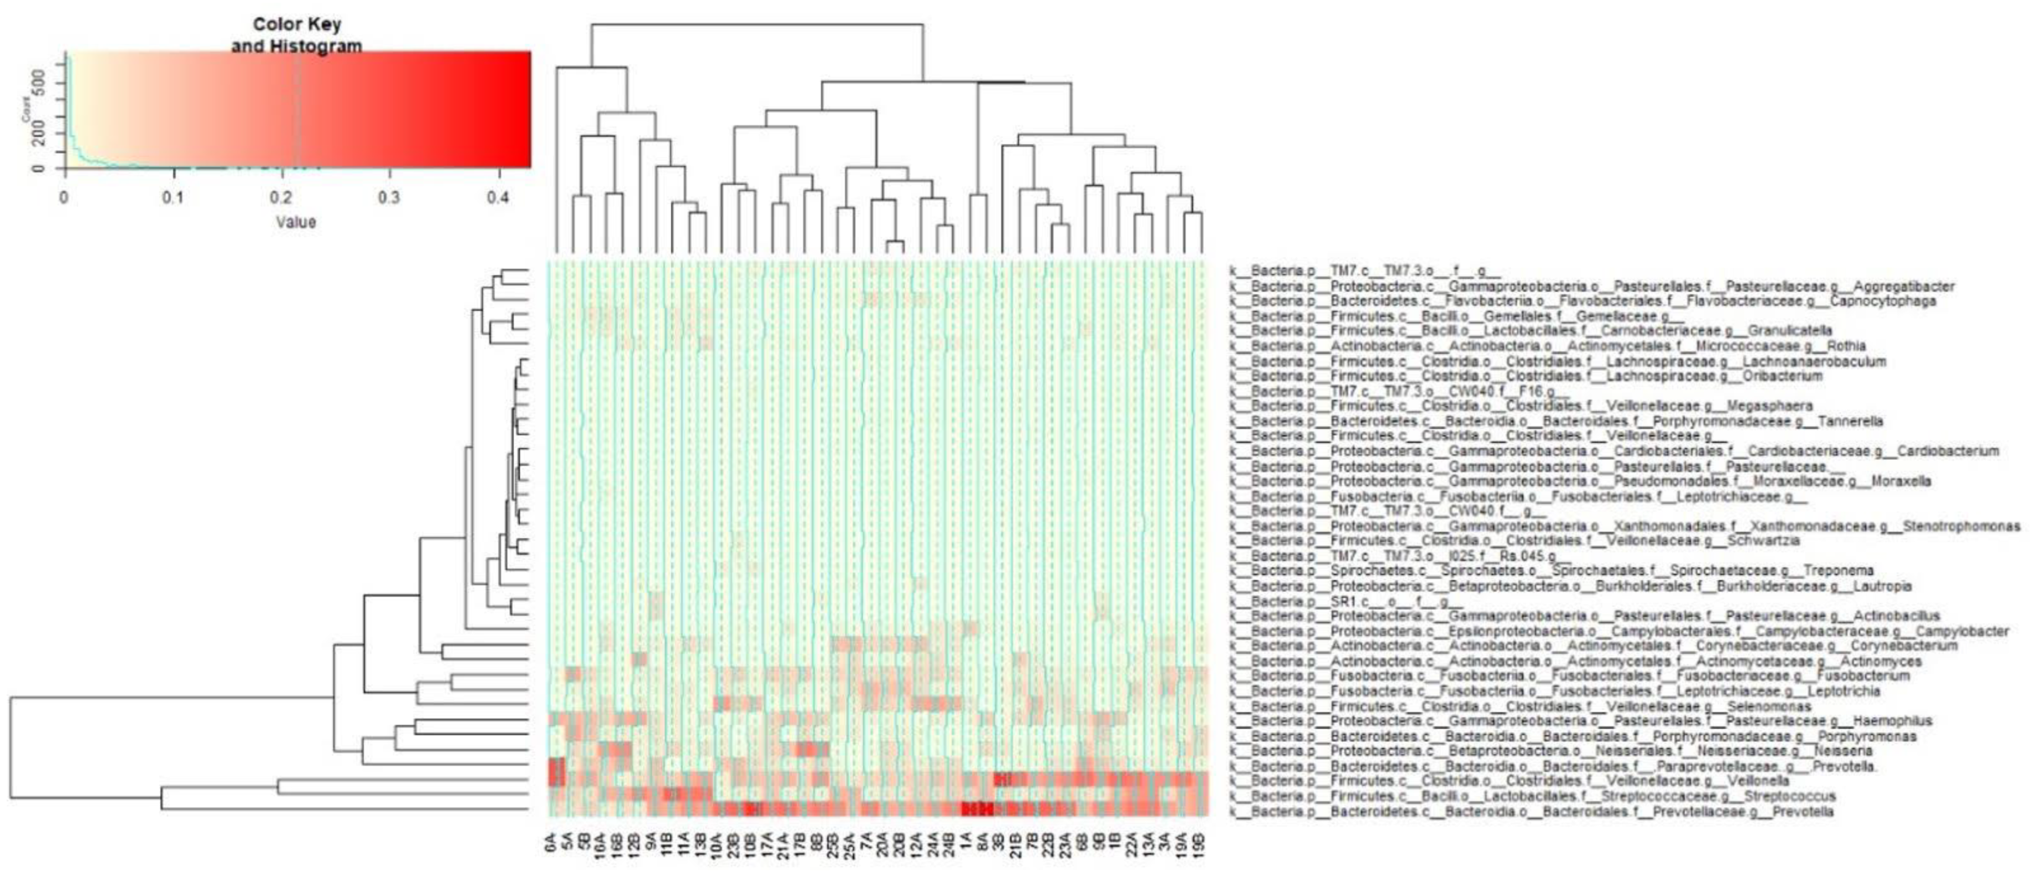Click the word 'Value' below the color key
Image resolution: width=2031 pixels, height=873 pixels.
(296, 222)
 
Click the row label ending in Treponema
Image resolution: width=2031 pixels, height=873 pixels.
(1561, 571)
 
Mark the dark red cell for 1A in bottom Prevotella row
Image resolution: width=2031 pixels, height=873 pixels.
(968, 810)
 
